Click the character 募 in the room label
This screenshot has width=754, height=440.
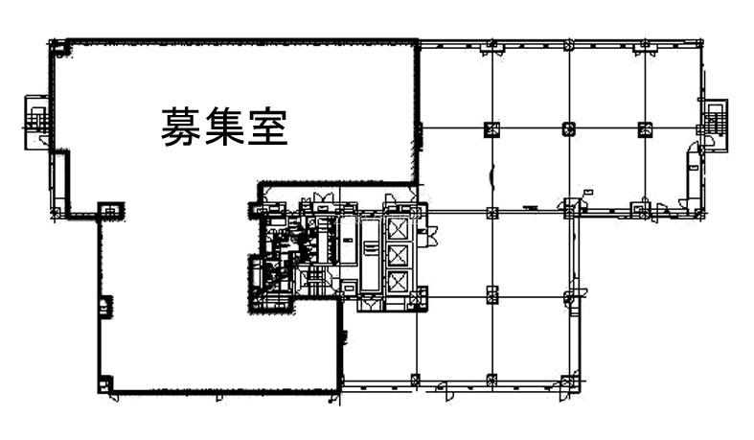tap(180, 127)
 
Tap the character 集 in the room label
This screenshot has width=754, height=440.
tap(224, 127)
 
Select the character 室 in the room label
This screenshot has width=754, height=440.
tap(268, 127)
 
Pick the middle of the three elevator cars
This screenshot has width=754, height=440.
tap(398, 255)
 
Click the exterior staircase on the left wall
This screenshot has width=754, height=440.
tap(36, 121)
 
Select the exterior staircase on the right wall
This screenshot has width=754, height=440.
tap(716, 124)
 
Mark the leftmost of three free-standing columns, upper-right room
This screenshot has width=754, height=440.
tap(491, 129)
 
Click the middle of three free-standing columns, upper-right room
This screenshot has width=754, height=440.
tap(569, 128)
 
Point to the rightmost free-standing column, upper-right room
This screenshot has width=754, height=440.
tap(645, 129)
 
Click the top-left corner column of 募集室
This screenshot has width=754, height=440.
tap(60, 50)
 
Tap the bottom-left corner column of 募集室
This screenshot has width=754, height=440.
tap(105, 384)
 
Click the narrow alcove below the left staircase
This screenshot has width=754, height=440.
tap(59, 180)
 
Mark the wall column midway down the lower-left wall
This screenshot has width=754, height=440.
tap(105, 306)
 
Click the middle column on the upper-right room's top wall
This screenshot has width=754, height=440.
tap(569, 46)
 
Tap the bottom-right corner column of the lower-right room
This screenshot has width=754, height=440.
tap(569, 381)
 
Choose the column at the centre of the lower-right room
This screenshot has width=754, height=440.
tap(491, 295)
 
